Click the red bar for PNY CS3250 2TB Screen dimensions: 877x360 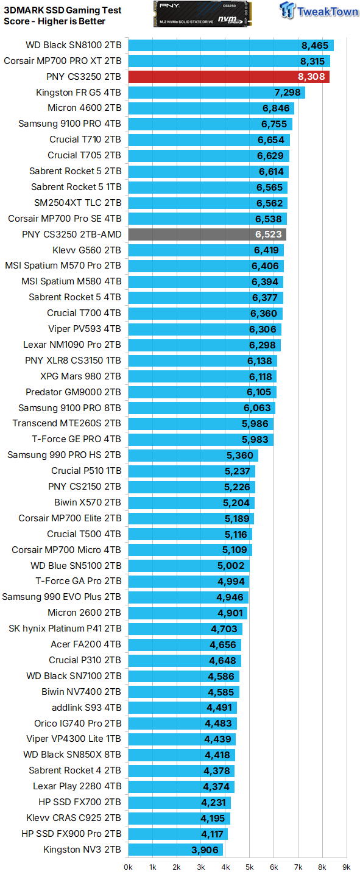(x=228, y=77)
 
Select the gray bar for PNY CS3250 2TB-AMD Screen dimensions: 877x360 (x=207, y=234)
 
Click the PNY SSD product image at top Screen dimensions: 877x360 (x=203, y=14)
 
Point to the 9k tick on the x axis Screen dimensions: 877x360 (x=346, y=866)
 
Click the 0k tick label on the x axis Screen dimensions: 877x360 (x=128, y=866)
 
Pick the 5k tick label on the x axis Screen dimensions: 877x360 (x=249, y=866)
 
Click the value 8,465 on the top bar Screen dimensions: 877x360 (x=314, y=45)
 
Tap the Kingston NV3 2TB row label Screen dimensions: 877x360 (x=82, y=850)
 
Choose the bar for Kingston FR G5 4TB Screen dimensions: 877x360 (x=216, y=93)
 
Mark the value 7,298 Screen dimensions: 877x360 (x=288, y=93)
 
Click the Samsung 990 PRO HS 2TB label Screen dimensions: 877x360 (x=64, y=455)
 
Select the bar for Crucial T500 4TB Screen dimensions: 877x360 (x=189, y=534)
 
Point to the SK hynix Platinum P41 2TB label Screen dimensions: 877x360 (x=65, y=629)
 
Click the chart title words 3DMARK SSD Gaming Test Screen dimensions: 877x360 (x=63, y=10)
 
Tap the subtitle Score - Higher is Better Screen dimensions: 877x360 (x=55, y=21)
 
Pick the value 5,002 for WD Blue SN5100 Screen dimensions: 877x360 (x=231, y=566)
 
